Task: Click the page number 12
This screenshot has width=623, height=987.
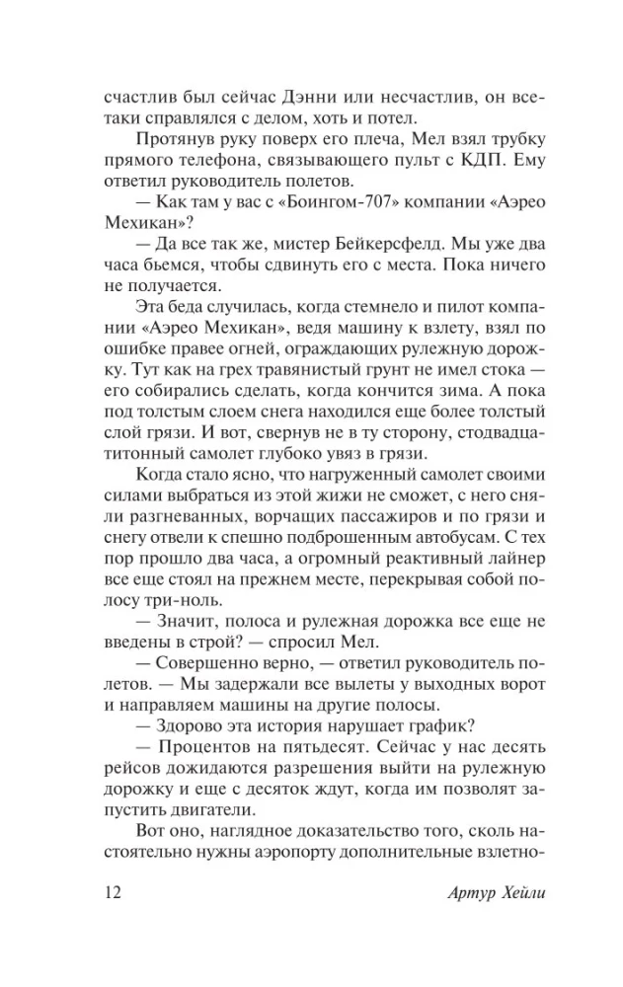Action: (x=110, y=894)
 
